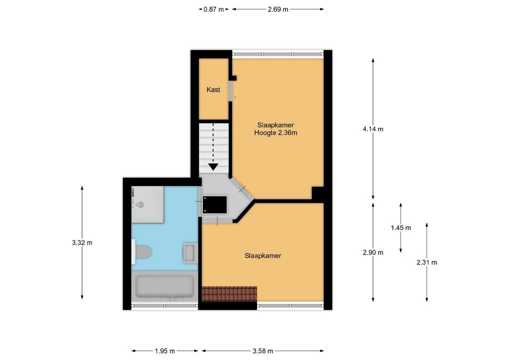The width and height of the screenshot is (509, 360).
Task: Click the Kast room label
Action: click(213, 89)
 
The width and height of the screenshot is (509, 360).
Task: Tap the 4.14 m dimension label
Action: click(373, 129)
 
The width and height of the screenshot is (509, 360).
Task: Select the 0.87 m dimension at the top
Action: click(213, 9)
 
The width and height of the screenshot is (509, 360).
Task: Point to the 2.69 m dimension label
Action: click(278, 9)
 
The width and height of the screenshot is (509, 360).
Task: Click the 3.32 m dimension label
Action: click(82, 242)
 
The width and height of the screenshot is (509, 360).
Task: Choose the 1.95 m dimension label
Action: click(164, 351)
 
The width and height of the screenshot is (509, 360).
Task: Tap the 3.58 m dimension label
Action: click(262, 351)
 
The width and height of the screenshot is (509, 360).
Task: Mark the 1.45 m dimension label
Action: click(400, 228)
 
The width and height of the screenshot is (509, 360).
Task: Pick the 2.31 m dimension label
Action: click(426, 262)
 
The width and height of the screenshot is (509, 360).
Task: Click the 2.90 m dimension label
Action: click(373, 252)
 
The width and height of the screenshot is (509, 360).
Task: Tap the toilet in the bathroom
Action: click(141, 252)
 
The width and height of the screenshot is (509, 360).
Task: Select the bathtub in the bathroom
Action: click(164, 286)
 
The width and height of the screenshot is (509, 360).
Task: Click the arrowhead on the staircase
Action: click(213, 167)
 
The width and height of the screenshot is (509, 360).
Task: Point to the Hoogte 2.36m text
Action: click(275, 133)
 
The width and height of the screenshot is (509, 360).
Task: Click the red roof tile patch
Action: click(229, 294)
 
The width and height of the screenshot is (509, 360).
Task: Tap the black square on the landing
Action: click(214, 204)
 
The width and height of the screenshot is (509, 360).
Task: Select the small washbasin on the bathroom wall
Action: click(189, 253)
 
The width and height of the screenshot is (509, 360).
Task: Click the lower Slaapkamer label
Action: click(263, 256)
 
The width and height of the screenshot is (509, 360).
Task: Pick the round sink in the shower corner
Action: click(140, 204)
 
